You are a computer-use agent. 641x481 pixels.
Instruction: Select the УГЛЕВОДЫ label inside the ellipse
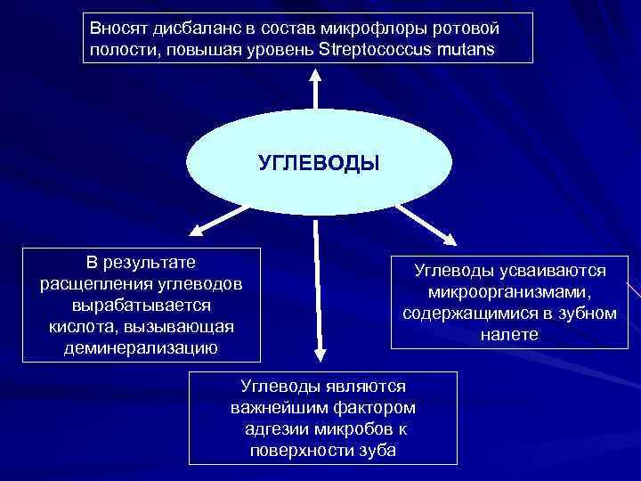click(x=319, y=163)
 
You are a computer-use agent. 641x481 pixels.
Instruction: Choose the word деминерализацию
click(x=142, y=347)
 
